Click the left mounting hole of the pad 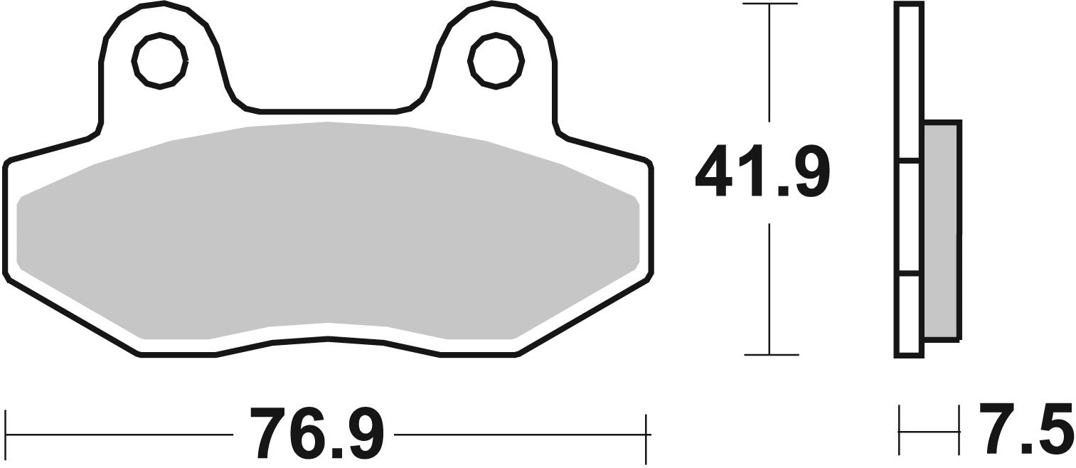[160, 60]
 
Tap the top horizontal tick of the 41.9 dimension [769, 4]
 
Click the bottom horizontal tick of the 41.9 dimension [769, 353]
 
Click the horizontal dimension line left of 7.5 [929, 430]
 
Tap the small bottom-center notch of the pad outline [328, 339]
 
